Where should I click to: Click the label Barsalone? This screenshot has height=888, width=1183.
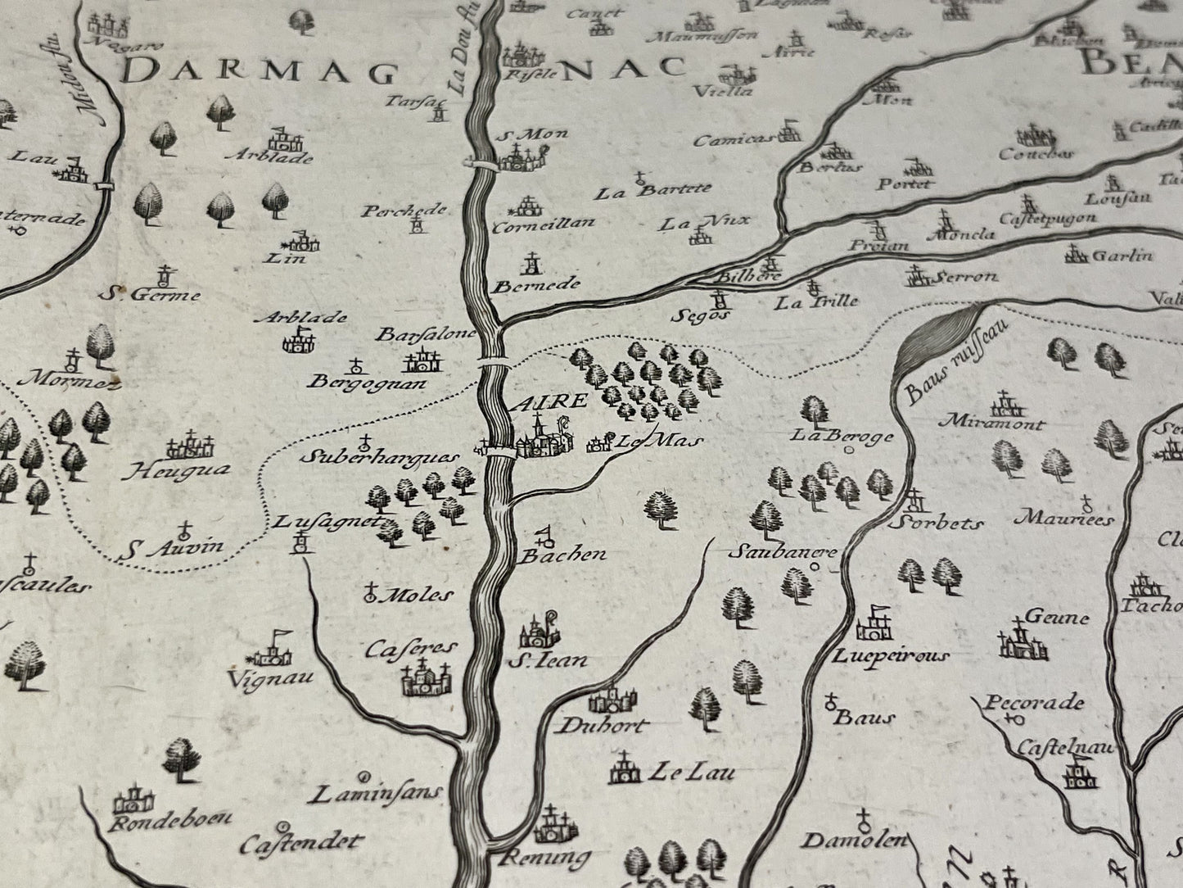(426, 334)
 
